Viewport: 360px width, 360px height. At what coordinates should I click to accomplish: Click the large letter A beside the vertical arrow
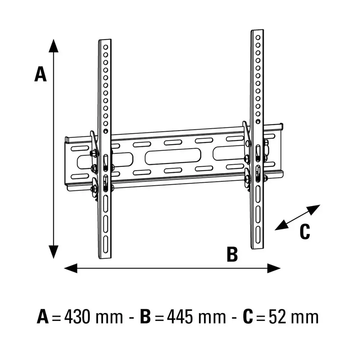pyautogui.click(x=40, y=74)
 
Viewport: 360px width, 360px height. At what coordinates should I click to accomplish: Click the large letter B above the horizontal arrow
pyautogui.click(x=232, y=254)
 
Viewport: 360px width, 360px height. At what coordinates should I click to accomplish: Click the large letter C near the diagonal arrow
pyautogui.click(x=305, y=231)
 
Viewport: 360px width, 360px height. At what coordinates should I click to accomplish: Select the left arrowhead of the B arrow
pyautogui.click(x=71, y=268)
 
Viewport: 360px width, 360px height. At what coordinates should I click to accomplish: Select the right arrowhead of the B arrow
pyautogui.click(x=274, y=268)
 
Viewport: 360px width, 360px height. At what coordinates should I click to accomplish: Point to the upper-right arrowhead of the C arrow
pyautogui.click(x=314, y=210)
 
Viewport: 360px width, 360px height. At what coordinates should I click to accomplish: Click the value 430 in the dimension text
pyautogui.click(x=77, y=318)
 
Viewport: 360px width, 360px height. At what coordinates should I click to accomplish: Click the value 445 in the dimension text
pyautogui.click(x=180, y=318)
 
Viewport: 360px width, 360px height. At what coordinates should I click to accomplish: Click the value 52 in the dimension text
pyautogui.click(x=277, y=318)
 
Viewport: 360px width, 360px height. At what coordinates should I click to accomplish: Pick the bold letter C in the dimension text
pyautogui.click(x=248, y=318)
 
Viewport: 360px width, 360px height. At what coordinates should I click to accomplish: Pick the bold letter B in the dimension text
pyautogui.click(x=145, y=318)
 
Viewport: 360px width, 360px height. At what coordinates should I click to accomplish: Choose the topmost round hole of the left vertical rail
pyautogui.click(x=105, y=47)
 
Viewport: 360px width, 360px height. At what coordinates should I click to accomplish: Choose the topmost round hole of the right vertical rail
pyautogui.click(x=258, y=37)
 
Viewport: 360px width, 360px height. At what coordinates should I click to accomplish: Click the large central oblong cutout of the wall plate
pyautogui.click(x=173, y=156)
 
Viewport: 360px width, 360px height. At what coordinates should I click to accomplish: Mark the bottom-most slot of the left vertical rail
pyautogui.click(x=105, y=244)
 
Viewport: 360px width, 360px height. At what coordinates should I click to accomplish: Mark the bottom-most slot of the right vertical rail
pyautogui.click(x=258, y=234)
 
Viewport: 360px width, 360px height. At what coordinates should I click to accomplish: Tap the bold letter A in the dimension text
pyautogui.click(x=43, y=318)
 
